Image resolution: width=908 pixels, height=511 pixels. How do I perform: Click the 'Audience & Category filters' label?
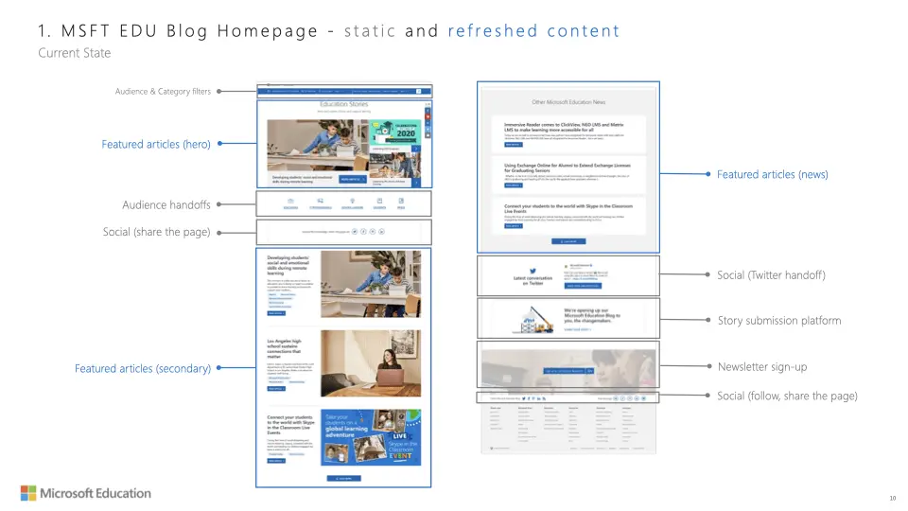[163, 92]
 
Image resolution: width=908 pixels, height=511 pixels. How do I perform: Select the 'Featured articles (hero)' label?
[156, 144]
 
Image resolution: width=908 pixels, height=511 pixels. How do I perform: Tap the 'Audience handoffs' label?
[166, 205]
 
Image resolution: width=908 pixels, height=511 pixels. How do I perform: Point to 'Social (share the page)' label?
[156, 232]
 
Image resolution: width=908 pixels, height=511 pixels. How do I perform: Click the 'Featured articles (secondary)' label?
[142, 368]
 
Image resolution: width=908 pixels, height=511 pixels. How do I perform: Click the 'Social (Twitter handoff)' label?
[771, 274]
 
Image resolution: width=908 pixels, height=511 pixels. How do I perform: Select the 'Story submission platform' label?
[778, 321]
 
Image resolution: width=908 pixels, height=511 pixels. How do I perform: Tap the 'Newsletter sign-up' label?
[761, 366]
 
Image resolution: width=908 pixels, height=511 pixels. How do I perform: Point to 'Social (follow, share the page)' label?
[787, 396]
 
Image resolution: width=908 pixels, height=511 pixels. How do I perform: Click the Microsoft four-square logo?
[29, 493]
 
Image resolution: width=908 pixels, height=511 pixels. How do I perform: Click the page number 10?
[892, 498]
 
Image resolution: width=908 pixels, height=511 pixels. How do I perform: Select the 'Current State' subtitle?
[74, 53]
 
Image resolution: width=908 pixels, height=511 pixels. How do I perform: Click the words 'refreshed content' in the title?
[533, 30]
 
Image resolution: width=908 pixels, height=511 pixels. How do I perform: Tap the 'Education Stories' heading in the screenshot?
[344, 104]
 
